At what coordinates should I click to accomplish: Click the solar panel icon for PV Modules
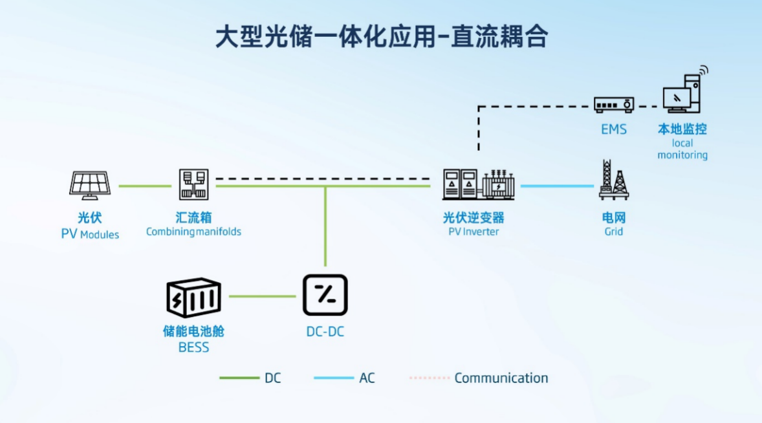pos(90,185)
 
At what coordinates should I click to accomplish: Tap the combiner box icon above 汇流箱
pos(193,185)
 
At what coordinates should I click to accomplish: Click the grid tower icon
pos(613,180)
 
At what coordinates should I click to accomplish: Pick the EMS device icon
pos(613,104)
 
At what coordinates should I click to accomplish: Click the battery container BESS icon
pos(193,298)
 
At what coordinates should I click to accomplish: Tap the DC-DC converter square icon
pos(325,296)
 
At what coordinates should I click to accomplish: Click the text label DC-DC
pos(325,332)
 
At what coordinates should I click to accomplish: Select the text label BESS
pos(193,347)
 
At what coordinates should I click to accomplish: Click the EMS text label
pos(613,129)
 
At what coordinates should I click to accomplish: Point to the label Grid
pos(613,231)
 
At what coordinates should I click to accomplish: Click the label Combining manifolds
pos(193,232)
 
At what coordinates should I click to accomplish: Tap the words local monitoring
pos(682,149)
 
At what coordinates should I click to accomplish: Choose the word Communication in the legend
pos(501,378)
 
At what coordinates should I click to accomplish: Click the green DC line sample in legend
pos(239,378)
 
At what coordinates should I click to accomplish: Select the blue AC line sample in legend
pos(334,378)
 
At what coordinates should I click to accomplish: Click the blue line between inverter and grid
pos(557,186)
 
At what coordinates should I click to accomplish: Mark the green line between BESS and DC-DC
pos(262,297)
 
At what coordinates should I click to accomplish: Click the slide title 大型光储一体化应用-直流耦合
pos(382,37)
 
